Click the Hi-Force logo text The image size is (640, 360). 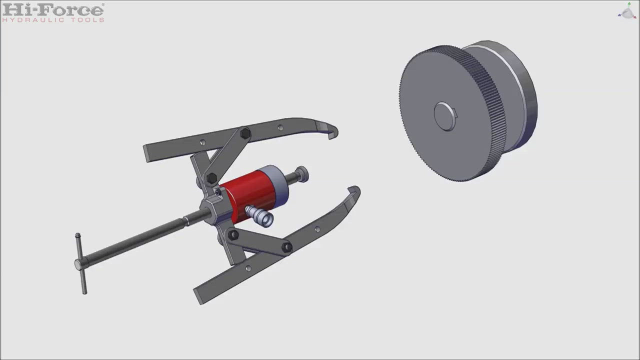[53, 10]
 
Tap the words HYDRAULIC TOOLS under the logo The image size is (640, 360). [53, 20]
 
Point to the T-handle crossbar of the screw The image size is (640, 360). [81, 263]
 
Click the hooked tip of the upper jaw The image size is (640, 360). [331, 130]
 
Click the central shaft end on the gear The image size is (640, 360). [445, 116]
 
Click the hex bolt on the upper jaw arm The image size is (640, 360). [245, 133]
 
